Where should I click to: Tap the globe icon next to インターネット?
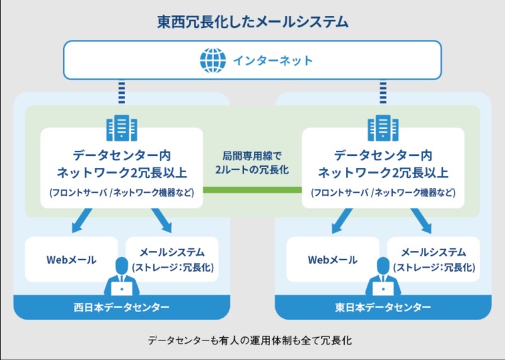[212, 61]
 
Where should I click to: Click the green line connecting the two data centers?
[252, 189]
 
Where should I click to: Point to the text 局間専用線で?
[252, 155]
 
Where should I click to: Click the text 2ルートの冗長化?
[252, 171]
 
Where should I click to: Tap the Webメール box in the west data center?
[71, 260]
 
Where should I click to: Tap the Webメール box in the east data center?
[333, 260]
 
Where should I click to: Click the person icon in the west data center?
[121, 278]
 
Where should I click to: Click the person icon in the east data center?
[383, 278]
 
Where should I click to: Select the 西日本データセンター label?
[121, 308]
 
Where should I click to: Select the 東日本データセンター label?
[383, 308]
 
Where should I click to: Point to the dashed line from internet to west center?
[121, 92]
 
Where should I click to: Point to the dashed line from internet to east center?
[383, 92]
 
